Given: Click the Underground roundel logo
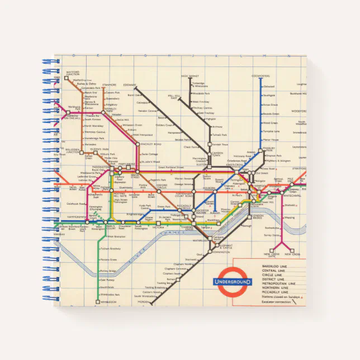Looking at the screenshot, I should [x=233, y=282].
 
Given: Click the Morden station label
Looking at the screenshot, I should [x=144, y=302].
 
